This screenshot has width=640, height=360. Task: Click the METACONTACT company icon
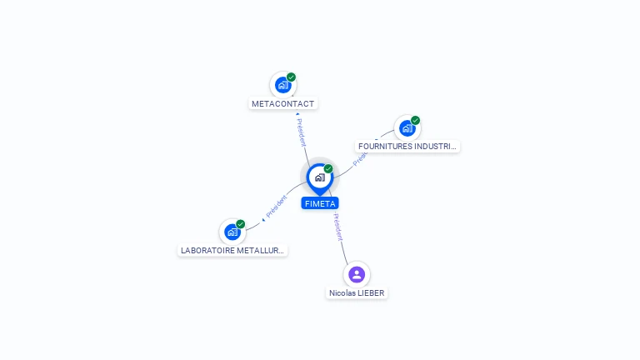coord(282,85)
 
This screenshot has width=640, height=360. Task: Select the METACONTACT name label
coord(282,103)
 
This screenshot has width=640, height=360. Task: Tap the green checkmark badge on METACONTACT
coord(291,77)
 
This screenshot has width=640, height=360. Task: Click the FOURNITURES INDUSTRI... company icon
coord(407,128)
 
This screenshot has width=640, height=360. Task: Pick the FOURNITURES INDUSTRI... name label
coord(407,146)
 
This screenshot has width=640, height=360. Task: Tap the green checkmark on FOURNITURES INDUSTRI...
coord(416,120)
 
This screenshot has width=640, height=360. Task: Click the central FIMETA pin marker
coord(320,179)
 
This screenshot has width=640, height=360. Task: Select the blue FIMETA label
coord(320,203)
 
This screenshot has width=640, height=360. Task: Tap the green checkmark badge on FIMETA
coord(328,168)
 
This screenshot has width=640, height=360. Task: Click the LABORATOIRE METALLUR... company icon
coord(232,232)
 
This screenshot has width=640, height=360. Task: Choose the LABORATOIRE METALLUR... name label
coord(232,250)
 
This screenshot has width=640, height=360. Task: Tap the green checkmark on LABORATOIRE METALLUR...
coord(240,224)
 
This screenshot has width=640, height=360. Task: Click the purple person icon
coord(357,274)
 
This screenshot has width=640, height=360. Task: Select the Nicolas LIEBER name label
coord(357,293)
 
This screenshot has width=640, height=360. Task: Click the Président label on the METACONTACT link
coord(301,132)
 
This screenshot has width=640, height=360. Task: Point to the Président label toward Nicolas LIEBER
coord(338,227)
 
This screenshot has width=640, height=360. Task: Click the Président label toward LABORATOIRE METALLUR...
coord(277,206)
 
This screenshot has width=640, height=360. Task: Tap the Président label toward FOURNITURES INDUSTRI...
coord(360,157)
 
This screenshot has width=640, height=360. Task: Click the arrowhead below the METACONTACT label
coord(297,114)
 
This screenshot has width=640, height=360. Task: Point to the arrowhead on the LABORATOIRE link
coord(263,220)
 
